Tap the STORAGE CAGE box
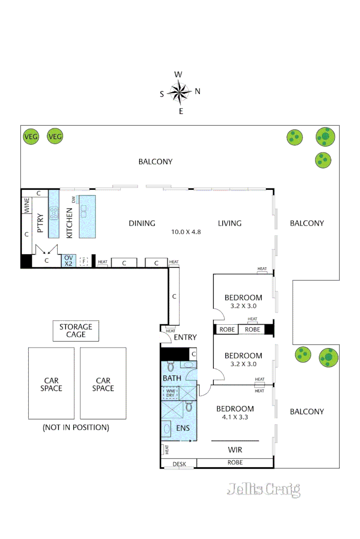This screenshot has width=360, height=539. point(76,331)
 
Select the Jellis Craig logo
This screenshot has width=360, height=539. point(263,489)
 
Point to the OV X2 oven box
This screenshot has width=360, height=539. point(68,261)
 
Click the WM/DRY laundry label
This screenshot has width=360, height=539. point(167,392)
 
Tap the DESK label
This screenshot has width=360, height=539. point(179,464)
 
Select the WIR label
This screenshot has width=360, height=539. point(234,448)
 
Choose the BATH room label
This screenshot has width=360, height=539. point(171,378)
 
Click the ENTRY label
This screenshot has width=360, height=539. point(185,337)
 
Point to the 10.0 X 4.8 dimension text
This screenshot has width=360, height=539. point(187,233)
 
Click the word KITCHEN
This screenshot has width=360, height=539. point(70,223)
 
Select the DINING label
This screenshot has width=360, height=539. point(142,223)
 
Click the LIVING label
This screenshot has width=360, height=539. point(230,223)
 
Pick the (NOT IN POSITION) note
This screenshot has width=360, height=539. point(76,427)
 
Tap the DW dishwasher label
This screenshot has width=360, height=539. point(74,200)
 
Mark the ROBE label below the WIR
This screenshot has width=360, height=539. point(235,462)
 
